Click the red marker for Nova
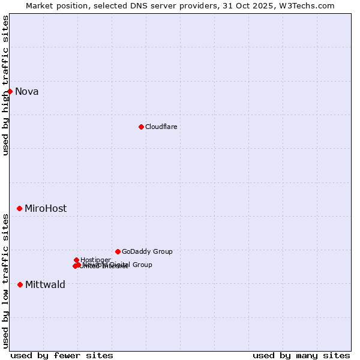point(10,91)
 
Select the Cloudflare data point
point(141,127)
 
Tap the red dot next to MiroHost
point(20,208)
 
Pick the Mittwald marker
point(20,284)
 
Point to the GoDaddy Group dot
point(118,251)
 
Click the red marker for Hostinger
point(77,260)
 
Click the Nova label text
point(27,91)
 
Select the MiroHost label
point(46,208)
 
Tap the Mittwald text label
point(45,284)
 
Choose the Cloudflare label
point(161,127)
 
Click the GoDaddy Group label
point(147,251)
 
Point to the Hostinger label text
point(95,260)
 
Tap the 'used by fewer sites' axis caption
point(62,355)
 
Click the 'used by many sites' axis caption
point(301,355)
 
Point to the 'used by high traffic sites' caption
point(6,85)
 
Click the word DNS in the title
point(136,5)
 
